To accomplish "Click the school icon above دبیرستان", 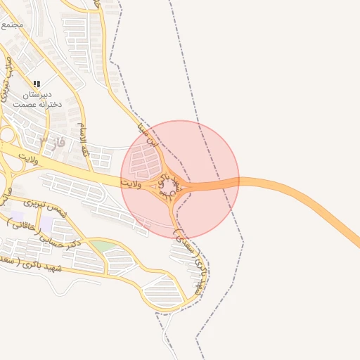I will (37, 84).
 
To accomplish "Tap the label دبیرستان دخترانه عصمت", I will (37, 98).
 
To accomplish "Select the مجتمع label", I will (12, 23).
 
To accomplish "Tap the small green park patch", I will (103, 246).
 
